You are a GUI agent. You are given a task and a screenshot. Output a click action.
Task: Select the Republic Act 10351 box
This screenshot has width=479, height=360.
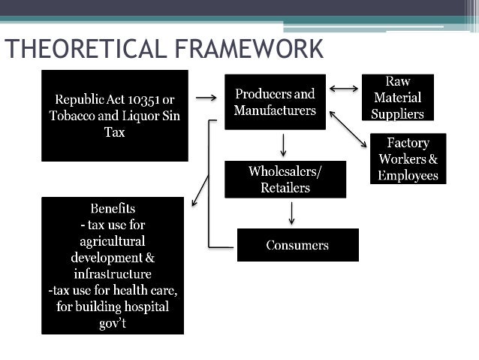[114, 116]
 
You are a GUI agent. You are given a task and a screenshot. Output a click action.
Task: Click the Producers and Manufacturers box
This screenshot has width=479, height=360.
[275, 102]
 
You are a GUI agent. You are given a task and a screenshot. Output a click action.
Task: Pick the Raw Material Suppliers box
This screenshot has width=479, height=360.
[397, 98]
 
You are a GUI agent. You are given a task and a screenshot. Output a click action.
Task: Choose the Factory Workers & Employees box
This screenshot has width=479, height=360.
[408, 159]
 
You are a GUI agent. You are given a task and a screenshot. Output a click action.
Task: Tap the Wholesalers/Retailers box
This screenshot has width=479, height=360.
[285, 180]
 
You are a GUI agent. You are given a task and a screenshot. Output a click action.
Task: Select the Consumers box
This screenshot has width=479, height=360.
[297, 245]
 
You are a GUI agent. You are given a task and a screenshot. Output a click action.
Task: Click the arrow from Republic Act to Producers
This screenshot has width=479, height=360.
[206, 97]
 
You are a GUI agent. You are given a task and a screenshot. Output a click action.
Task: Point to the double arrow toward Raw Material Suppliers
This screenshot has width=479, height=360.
[344, 89]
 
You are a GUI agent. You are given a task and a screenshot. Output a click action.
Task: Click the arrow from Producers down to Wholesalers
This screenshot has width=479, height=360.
[284, 144]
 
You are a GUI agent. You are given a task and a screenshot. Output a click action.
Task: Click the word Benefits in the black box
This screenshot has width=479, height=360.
[113, 208]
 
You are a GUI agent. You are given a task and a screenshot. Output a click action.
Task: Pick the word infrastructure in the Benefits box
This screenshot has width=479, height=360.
[113, 274]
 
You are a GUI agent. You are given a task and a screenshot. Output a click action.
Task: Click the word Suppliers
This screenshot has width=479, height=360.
[398, 114]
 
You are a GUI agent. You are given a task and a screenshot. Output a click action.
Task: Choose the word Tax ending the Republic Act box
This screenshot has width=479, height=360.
[114, 132]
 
